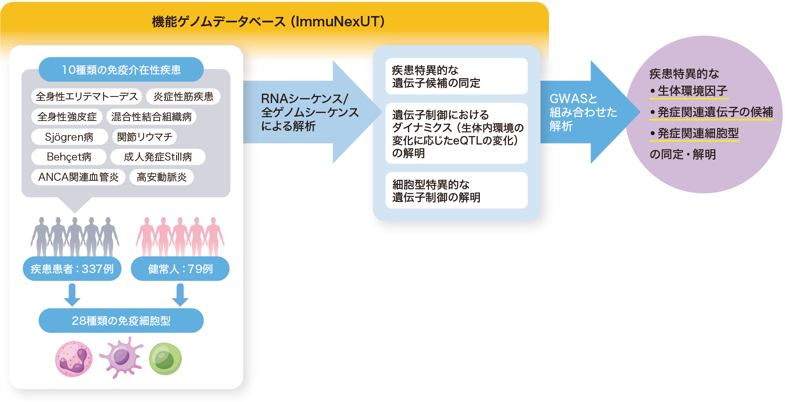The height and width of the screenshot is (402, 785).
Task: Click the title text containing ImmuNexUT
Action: point(268,22)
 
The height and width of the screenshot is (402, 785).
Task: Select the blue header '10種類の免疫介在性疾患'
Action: point(121,70)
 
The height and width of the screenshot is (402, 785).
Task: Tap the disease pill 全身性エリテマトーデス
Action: point(87,96)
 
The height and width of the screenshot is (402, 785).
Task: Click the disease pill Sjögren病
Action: point(69,137)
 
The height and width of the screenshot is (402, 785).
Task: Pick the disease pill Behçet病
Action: point(69,157)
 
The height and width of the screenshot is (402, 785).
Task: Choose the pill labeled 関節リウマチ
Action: point(145,137)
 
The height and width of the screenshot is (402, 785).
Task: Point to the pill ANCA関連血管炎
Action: point(78,177)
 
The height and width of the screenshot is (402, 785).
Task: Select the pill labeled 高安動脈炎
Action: point(162,177)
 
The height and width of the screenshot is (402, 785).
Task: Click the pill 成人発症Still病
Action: point(158,157)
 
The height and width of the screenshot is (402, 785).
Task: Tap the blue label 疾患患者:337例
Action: point(72,269)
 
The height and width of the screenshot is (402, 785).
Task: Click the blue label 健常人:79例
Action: point(180,269)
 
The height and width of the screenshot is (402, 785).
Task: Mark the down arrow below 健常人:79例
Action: point(180,295)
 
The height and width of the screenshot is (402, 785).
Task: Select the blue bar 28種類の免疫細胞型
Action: point(121,321)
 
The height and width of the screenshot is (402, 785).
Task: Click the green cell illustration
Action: point(165,359)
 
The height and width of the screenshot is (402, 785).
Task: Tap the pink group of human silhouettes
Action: point(180,235)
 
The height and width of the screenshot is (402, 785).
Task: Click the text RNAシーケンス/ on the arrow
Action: point(304,99)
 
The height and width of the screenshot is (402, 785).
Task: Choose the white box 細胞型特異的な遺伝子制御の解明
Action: point(456,191)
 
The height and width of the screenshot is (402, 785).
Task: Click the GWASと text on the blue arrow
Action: point(573,99)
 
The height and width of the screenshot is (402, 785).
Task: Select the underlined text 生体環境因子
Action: point(692,91)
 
